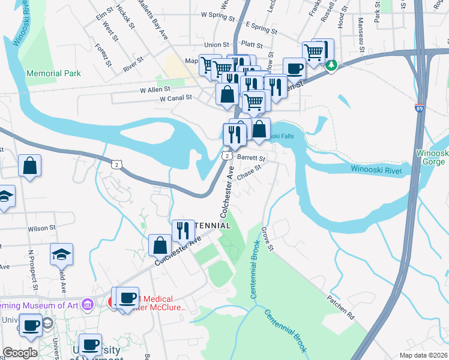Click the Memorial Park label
click(53, 73)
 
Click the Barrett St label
click(251, 158)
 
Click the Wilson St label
click(41, 228)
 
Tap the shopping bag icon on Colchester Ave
click(160, 245)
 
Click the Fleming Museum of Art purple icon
click(88, 305)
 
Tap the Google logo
click(20, 352)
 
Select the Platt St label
click(251, 45)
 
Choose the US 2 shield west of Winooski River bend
click(116, 163)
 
